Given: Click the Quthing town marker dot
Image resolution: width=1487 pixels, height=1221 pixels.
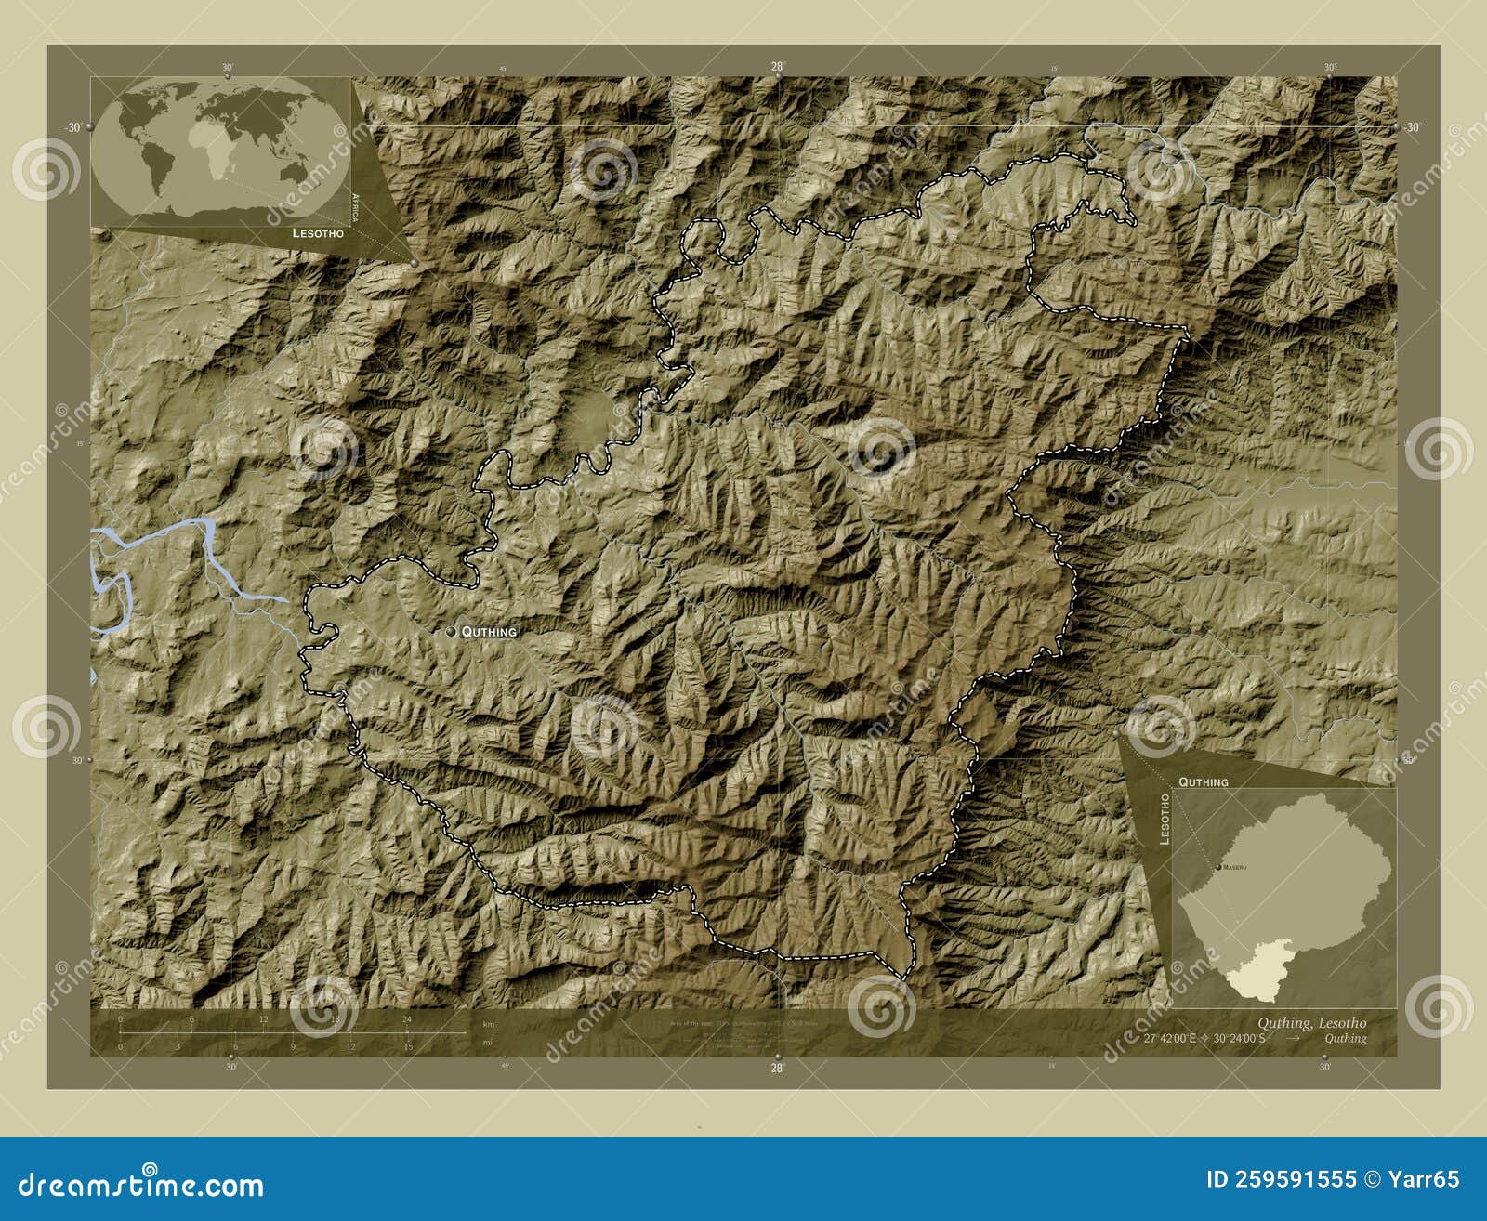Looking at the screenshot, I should coord(452,631).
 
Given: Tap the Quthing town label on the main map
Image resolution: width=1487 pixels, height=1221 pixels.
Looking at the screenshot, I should coord(489,632).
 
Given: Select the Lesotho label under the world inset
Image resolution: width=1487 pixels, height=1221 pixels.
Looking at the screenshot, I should coord(317,233).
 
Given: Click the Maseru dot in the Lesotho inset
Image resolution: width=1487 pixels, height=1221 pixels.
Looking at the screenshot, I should coord(1218,867).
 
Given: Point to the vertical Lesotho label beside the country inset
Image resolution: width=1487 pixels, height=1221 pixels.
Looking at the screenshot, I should coord(1164,819).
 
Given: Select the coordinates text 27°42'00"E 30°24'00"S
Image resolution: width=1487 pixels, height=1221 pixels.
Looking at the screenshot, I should coord(1204,1039).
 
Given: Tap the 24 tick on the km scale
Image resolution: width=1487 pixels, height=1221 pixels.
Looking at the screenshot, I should coord(406,1019).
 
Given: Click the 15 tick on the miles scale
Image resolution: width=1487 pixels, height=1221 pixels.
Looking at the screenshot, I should coord(408,1046).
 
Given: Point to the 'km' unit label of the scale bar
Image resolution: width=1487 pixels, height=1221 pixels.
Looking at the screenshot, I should coord(488,1024).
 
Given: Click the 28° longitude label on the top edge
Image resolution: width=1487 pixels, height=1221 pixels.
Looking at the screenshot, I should coord(777,66).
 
